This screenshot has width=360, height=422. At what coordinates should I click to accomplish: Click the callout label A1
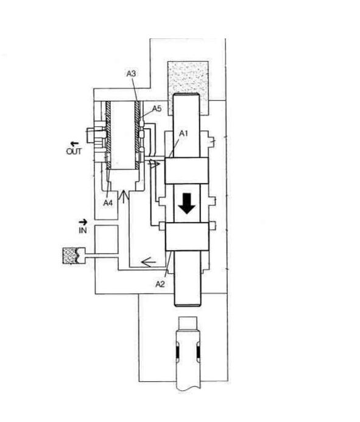[183, 133]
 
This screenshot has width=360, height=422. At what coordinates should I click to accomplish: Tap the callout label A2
[160, 284]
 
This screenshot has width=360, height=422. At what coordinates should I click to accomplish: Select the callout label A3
[131, 73]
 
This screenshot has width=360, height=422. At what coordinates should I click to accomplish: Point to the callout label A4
[108, 202]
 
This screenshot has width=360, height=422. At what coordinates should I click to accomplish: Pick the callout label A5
[157, 109]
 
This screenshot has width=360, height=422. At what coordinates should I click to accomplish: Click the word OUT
[74, 151]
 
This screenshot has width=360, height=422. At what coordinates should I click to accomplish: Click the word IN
[83, 230]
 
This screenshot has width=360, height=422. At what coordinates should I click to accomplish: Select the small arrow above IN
[83, 222]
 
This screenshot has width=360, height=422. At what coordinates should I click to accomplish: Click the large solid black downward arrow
[187, 203]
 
